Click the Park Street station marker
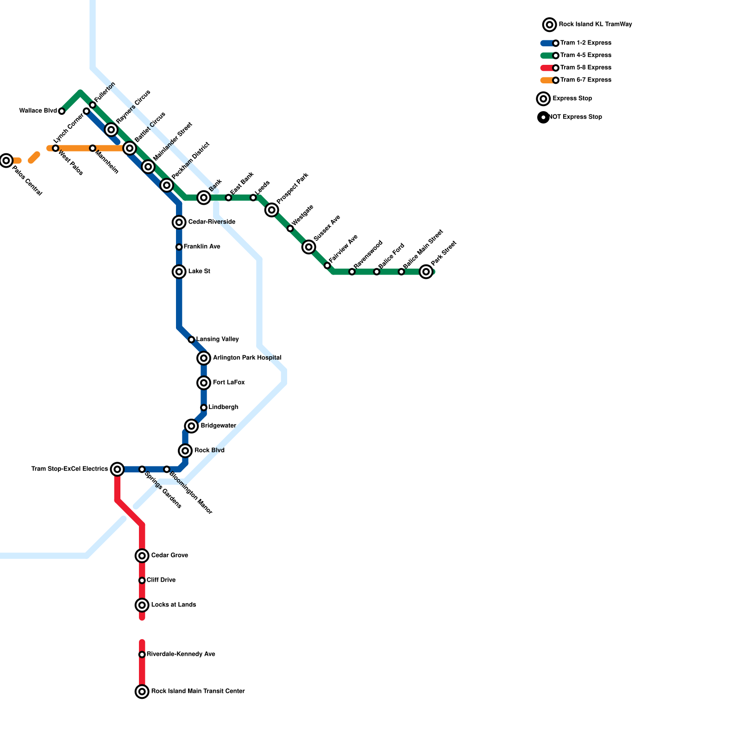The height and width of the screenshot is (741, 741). (426, 272)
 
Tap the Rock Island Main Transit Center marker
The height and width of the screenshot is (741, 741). (142, 691)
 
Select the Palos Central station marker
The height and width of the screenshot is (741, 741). (6, 161)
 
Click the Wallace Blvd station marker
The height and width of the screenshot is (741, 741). (62, 111)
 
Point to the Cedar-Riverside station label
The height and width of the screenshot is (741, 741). (212, 222)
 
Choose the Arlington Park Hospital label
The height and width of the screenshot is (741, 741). (247, 358)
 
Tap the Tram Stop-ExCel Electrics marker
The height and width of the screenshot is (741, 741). (118, 470)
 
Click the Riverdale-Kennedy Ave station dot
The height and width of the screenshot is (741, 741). (142, 654)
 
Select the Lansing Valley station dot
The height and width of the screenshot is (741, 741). (191, 339)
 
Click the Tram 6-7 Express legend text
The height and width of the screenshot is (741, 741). (585, 80)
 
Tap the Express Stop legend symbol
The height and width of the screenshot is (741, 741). (543, 99)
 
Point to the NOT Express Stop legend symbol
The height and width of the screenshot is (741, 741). (543, 117)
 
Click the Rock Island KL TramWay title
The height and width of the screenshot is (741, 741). (595, 25)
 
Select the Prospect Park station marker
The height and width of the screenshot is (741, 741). (272, 210)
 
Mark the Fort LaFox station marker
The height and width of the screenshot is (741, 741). (204, 383)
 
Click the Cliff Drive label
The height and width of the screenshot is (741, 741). (161, 580)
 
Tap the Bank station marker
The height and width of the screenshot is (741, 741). (204, 198)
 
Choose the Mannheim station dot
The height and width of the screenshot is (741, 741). (93, 148)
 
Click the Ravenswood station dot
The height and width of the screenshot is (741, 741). (352, 272)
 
